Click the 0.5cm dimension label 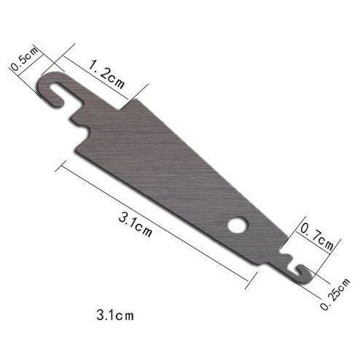(25, 59)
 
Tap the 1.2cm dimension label (106, 74)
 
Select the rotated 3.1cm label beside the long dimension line (136, 224)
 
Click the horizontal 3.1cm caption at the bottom (115, 315)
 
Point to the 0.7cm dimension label (317, 236)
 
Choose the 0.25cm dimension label (335, 294)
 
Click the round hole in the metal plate (238, 224)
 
